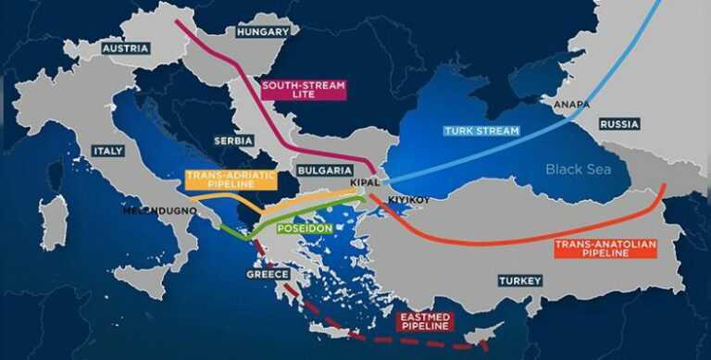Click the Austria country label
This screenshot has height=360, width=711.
click(126, 48)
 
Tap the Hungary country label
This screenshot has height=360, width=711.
click(264, 32)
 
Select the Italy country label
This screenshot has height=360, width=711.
click(108, 150)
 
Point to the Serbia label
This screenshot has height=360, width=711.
click(233, 141)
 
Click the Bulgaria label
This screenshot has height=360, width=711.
click(325, 170)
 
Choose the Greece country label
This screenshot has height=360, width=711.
click(268, 275)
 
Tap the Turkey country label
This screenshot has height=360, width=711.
click(519, 279)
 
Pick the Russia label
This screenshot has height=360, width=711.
click(619, 123)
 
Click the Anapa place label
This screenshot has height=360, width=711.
click(570, 106)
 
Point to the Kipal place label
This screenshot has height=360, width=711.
click(366, 182)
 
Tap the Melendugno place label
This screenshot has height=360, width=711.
click(159, 210)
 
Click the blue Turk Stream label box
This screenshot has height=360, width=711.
click(481, 130)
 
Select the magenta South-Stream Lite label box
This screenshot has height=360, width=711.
click(303, 90)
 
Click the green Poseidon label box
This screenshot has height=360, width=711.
click(302, 228)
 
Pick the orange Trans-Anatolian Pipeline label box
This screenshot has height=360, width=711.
click(605, 248)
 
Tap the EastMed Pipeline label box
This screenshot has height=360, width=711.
click(424, 321)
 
